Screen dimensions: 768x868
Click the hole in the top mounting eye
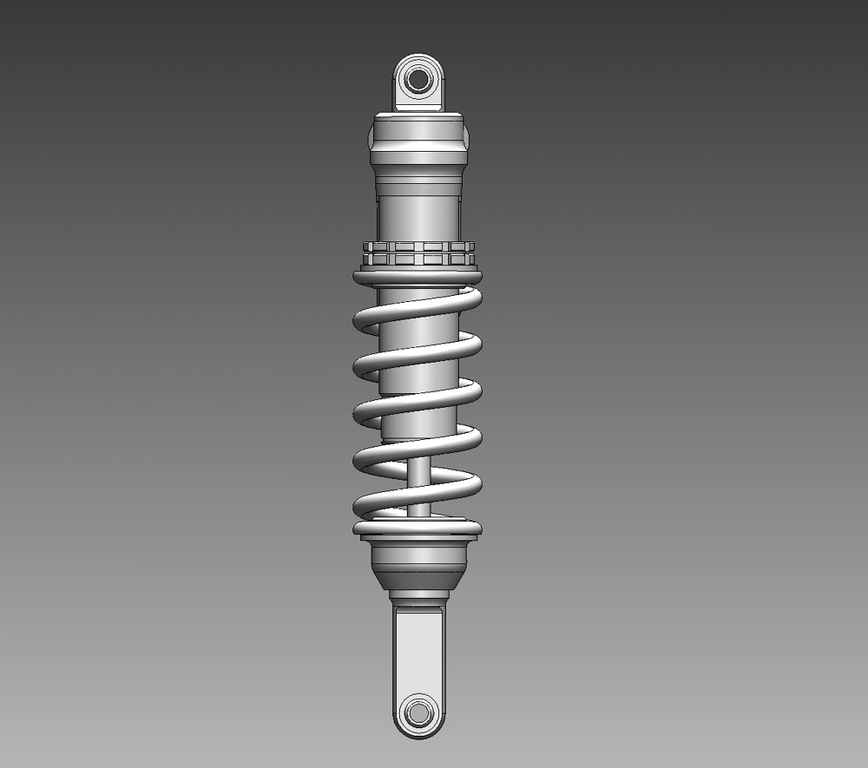coord(419,79)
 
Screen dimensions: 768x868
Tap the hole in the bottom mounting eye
coord(419,714)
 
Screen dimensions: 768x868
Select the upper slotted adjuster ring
coord(418,247)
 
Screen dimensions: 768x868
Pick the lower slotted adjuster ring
coord(418,259)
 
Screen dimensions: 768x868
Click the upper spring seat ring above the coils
coord(418,276)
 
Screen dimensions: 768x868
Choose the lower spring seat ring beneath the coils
coord(418,528)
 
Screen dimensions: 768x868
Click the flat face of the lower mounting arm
coord(419,651)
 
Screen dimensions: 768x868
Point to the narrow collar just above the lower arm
coord(419,597)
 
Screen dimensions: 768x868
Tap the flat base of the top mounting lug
coord(419,106)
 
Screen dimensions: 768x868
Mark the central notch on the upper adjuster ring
coord(418,247)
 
